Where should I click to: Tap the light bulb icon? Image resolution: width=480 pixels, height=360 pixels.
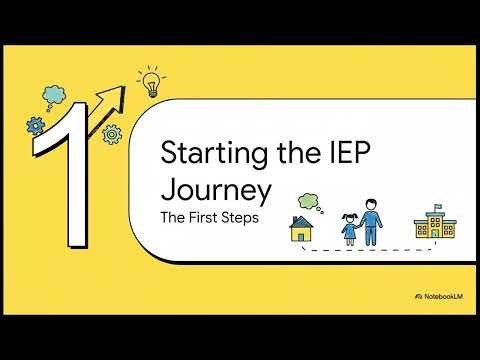151,83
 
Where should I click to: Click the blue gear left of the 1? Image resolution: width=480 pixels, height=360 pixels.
36,126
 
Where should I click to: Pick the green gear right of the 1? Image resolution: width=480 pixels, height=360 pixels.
112,132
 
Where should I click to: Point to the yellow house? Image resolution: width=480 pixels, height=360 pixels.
302,229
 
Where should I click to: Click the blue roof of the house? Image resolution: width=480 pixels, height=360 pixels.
302,221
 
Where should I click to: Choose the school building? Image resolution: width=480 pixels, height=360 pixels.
434,225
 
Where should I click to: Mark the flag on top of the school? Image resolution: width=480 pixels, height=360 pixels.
437,203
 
